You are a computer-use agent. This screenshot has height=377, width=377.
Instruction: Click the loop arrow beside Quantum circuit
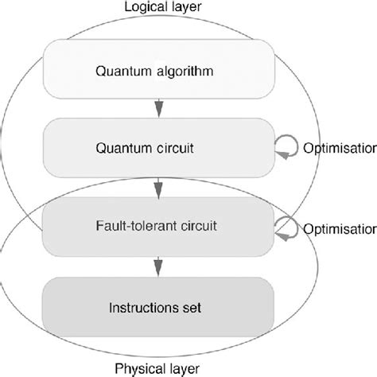point(286,147)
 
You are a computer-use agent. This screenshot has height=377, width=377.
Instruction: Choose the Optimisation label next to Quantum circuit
point(340,148)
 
